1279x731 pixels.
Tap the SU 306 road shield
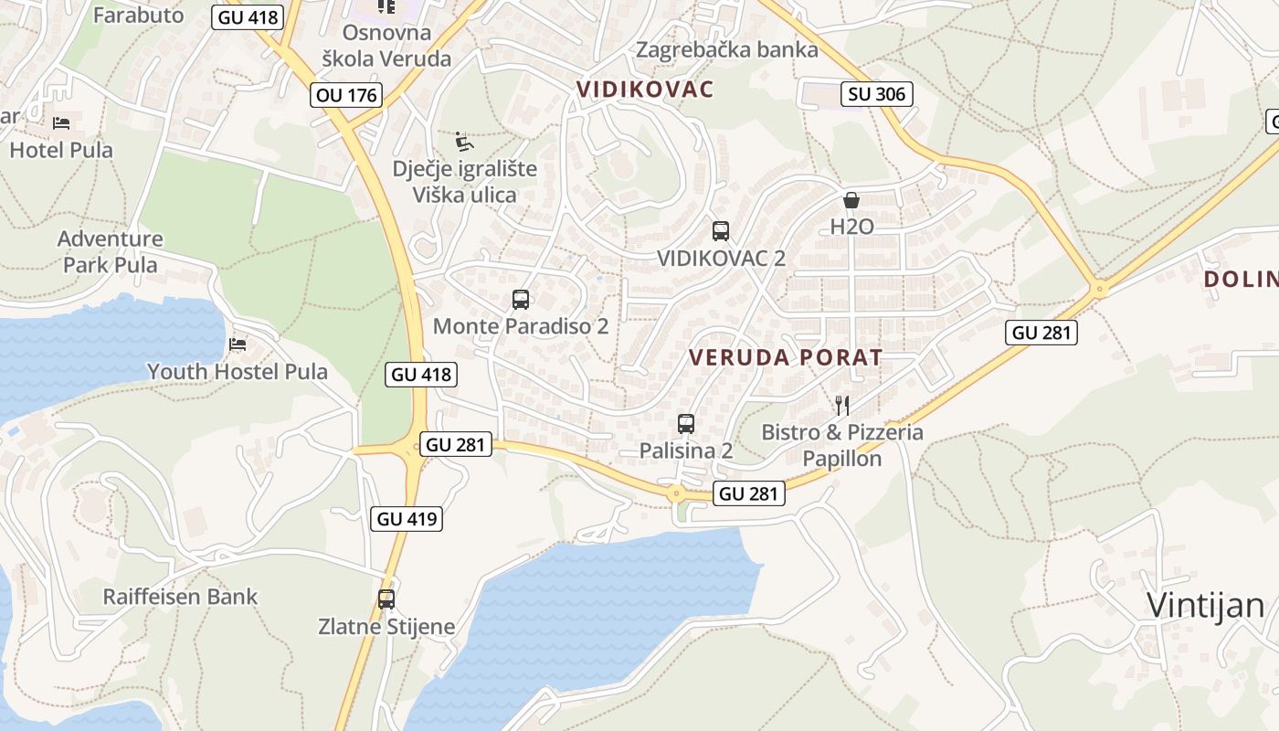(877, 93)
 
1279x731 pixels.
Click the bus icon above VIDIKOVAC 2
(721, 231)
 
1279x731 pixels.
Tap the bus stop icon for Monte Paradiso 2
(521, 300)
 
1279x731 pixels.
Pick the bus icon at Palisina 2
(686, 424)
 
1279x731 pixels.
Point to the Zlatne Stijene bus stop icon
(386, 599)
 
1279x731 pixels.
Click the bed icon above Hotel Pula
(61, 123)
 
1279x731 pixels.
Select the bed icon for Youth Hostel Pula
(238, 344)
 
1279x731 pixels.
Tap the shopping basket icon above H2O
(851, 199)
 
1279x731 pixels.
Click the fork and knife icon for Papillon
(842, 405)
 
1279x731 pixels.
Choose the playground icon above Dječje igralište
(464, 142)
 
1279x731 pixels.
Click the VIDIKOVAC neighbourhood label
(645, 90)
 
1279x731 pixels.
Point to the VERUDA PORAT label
(786, 357)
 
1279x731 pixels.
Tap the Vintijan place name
(1205, 605)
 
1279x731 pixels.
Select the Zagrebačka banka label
(727, 49)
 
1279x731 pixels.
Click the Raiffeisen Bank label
(180, 597)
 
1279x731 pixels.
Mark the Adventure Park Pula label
(111, 252)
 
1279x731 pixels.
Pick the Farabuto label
(138, 15)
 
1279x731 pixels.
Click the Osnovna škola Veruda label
(386, 46)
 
